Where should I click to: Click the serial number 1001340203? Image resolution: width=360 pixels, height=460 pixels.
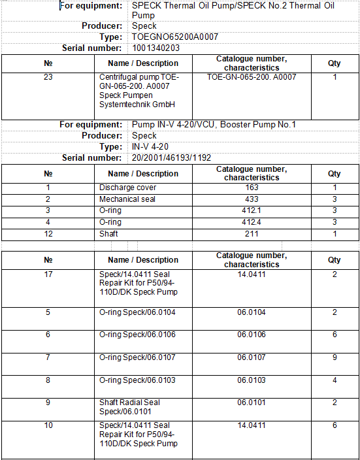tap(156, 48)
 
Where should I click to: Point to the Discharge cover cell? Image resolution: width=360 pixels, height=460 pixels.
tap(127, 188)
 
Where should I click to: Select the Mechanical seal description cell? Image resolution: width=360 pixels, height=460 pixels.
tap(127, 199)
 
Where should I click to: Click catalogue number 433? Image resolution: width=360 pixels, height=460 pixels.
tap(252, 199)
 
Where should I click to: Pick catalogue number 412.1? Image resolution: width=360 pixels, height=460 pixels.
tap(252, 210)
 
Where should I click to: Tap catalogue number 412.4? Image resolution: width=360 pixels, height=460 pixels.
tap(252, 222)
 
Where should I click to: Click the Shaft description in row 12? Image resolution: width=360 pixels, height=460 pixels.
tap(108, 234)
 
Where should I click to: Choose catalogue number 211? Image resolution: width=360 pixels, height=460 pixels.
tap(252, 234)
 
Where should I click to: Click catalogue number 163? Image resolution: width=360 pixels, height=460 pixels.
tap(252, 188)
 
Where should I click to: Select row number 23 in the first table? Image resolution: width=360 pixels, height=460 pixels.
tap(48, 77)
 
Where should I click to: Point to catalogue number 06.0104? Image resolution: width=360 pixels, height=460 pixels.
tap(252, 312)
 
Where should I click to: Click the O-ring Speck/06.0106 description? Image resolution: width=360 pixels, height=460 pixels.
tap(137, 335)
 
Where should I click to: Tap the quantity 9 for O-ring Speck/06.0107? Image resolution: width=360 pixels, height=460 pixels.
tap(335, 357)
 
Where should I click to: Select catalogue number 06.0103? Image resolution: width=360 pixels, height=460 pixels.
tap(252, 380)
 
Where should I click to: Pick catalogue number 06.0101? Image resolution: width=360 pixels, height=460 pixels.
tap(252, 402)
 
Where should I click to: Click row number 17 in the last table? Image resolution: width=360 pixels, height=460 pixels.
tap(48, 274)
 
